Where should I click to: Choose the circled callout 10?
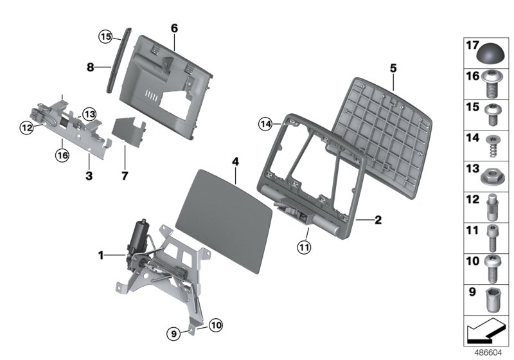(x=215, y=326)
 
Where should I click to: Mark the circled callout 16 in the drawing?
(x=62, y=154)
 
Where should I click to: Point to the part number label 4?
(x=236, y=161)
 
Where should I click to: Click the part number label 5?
(x=393, y=67)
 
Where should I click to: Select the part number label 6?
(x=174, y=28)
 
